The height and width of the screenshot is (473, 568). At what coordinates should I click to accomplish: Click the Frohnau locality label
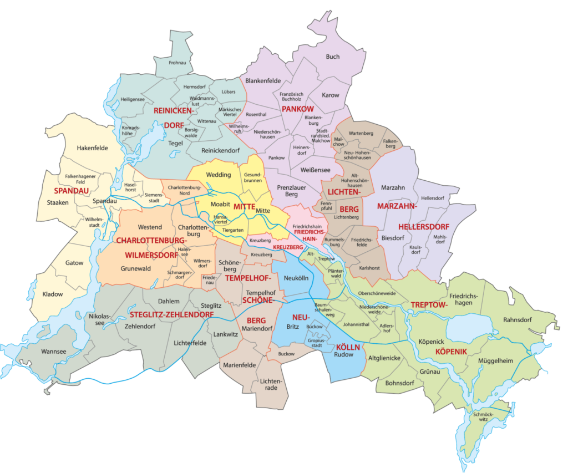(x=177, y=64)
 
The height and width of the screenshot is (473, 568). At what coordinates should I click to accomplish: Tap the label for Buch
(x=333, y=57)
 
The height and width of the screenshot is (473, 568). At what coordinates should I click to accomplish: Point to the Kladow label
(x=53, y=294)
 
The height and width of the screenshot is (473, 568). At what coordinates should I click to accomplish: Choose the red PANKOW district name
(x=298, y=109)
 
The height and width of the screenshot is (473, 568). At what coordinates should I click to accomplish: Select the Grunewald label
(x=135, y=268)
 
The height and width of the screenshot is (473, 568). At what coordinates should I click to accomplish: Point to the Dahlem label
(x=169, y=301)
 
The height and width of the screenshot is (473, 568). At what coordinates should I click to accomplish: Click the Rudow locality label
(x=343, y=354)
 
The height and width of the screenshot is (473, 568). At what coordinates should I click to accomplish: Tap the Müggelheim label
(x=495, y=361)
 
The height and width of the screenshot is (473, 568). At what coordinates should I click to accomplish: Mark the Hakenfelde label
(x=93, y=148)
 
